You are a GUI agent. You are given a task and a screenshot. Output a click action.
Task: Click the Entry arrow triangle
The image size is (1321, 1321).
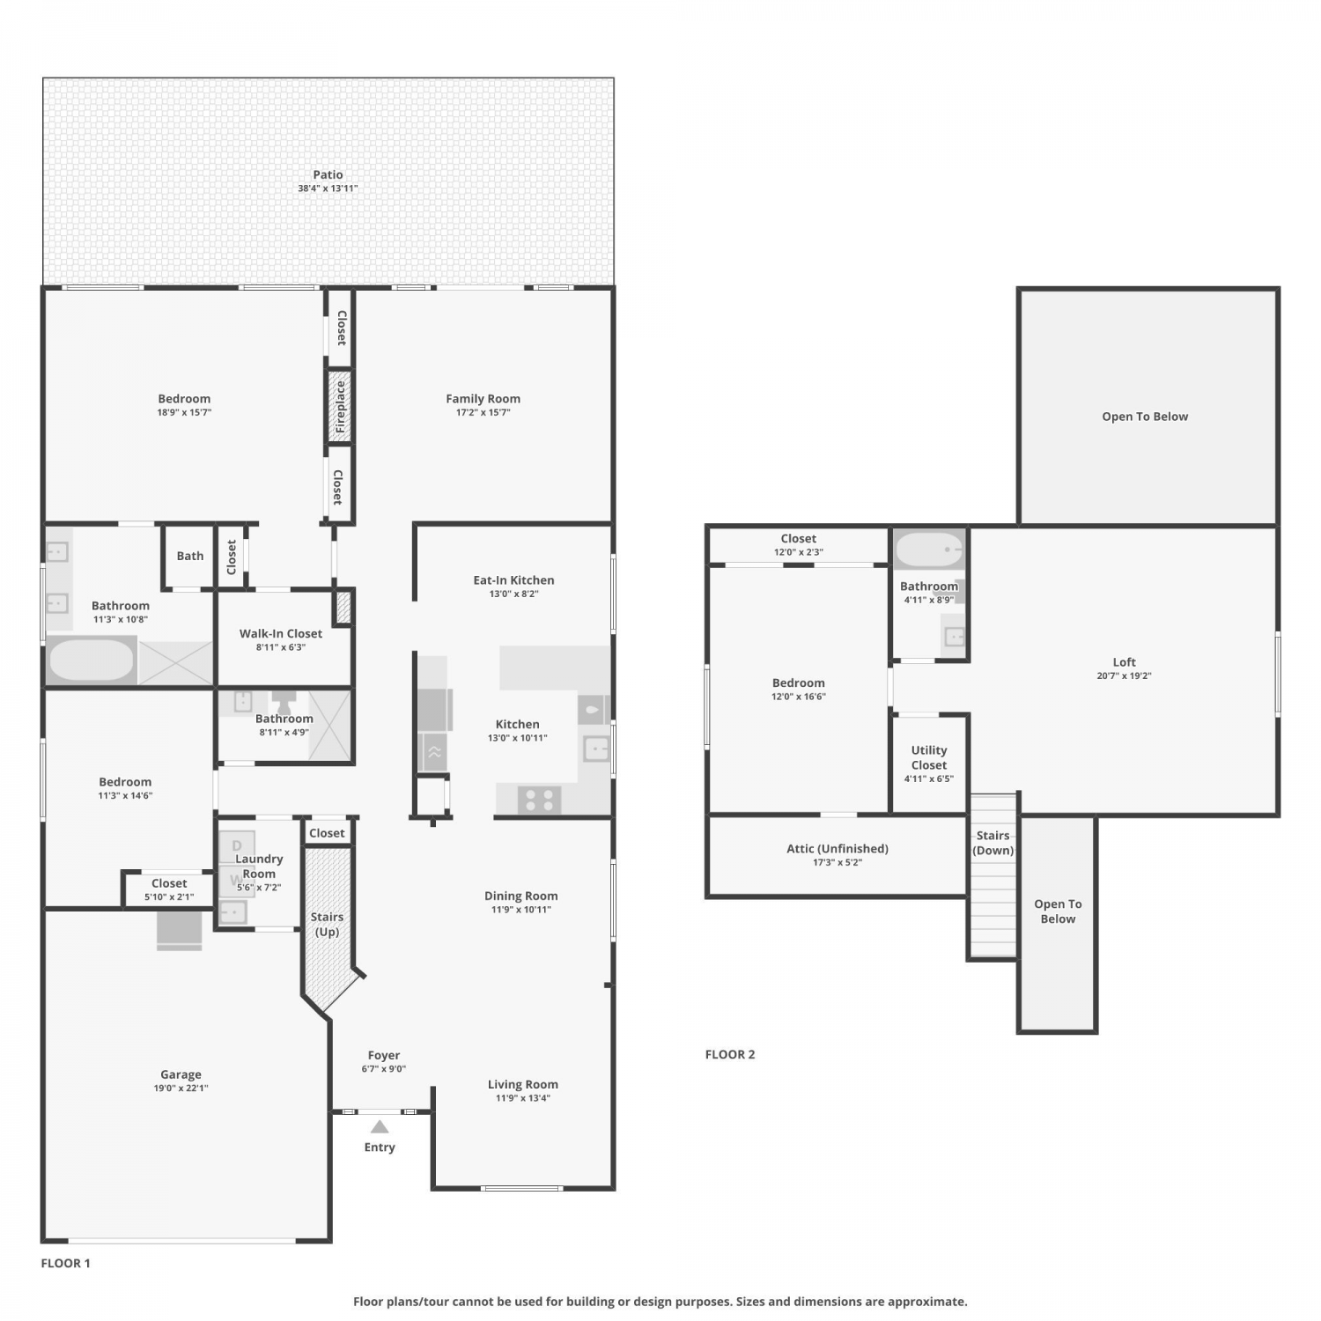coord(380,1126)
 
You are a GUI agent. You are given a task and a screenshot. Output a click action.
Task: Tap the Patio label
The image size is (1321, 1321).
coord(328,174)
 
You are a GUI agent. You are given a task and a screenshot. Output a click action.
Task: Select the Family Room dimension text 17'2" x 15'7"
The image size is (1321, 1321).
coord(483,412)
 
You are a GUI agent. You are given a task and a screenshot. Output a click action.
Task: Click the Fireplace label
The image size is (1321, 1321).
coord(340,407)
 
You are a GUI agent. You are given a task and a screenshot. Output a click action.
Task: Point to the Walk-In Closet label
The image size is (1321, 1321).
coord(281,633)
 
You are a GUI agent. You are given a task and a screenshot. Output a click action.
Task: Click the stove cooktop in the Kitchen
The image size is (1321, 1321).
coord(539,801)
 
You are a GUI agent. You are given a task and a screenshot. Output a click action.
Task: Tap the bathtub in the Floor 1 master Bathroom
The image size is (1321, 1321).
coord(91,660)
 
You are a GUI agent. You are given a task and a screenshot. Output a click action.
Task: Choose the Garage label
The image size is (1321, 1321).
coord(181,1074)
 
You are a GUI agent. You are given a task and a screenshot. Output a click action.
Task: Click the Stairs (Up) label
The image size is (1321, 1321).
coord(327,925)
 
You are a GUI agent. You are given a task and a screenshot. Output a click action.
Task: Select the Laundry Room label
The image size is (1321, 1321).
coord(259,867)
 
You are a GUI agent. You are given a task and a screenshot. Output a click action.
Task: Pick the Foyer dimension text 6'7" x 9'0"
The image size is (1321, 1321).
coord(384,1069)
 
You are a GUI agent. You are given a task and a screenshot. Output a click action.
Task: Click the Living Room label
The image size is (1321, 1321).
coord(523,1084)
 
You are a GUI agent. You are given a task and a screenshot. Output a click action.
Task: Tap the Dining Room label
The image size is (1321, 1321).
coord(521,896)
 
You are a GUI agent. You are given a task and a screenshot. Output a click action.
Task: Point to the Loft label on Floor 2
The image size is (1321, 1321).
coord(1125,662)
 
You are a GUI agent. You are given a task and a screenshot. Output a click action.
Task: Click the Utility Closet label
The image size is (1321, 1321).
coord(929,757)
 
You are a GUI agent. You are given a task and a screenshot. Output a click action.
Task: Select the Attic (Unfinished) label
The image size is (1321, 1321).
coord(838,849)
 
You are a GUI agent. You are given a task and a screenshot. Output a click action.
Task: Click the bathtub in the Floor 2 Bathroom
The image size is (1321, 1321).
coord(929,550)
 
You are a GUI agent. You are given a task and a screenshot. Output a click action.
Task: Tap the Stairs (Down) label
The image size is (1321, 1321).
coord(993,843)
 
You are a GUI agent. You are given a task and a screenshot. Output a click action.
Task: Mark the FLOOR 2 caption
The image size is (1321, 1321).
coord(730,1054)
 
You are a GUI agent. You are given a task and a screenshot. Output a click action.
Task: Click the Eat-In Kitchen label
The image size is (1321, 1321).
coord(513,580)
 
